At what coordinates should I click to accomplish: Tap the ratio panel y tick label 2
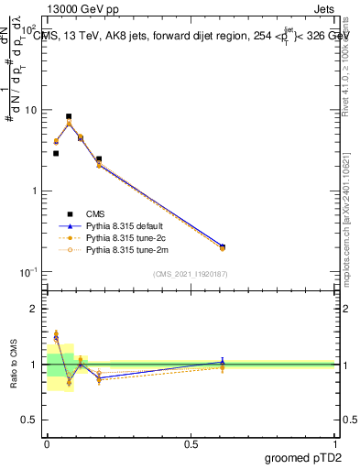(34, 310)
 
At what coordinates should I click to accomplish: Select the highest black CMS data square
(69, 117)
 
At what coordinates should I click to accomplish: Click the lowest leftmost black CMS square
(56, 153)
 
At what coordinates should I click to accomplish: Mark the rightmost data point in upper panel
(223, 247)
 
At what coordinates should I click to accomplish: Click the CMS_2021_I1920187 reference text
(191, 274)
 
